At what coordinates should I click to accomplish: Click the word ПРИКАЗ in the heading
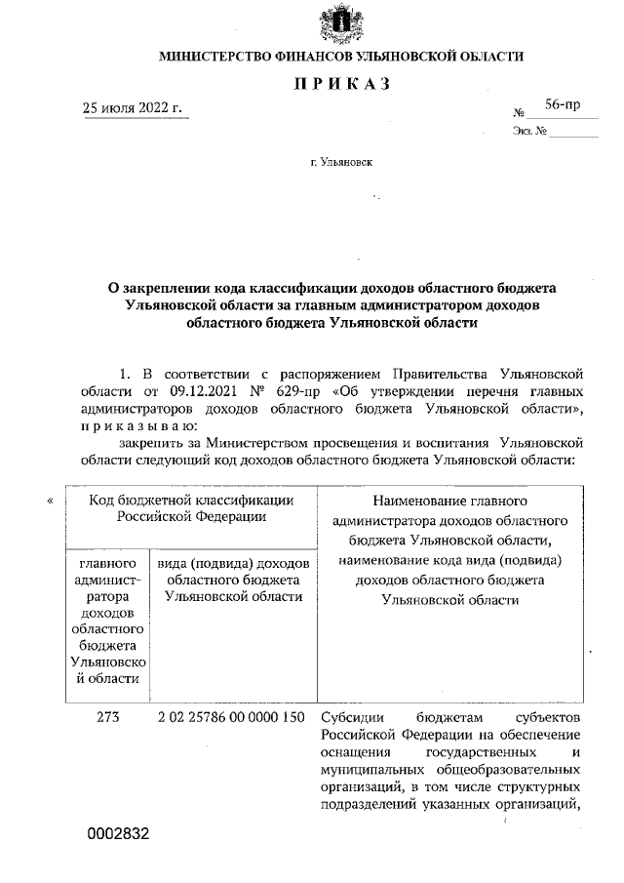pos(341,84)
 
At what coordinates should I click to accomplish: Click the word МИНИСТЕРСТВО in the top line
pos(223,57)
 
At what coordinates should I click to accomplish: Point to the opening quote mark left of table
pos(49,502)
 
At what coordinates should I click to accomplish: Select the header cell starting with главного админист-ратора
pos(107,622)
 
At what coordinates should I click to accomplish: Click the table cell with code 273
pos(107,718)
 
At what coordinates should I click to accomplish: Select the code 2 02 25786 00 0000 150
pos(231,718)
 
